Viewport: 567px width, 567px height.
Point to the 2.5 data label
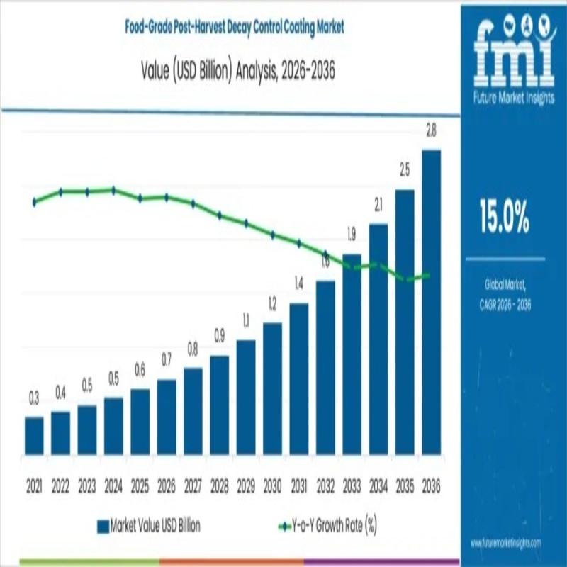tap(405, 170)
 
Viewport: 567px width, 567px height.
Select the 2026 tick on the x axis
tap(167, 488)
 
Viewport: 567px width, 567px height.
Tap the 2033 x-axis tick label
tap(352, 488)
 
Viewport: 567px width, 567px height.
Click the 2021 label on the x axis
tap(34, 488)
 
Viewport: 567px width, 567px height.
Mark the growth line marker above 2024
tap(113, 190)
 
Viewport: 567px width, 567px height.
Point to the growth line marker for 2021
tap(34, 202)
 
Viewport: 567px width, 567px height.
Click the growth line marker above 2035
tap(405, 279)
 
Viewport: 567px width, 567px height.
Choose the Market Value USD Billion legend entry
tap(148, 526)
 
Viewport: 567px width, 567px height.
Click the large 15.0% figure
tap(504, 218)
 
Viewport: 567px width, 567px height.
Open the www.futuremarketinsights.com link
tap(505, 542)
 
